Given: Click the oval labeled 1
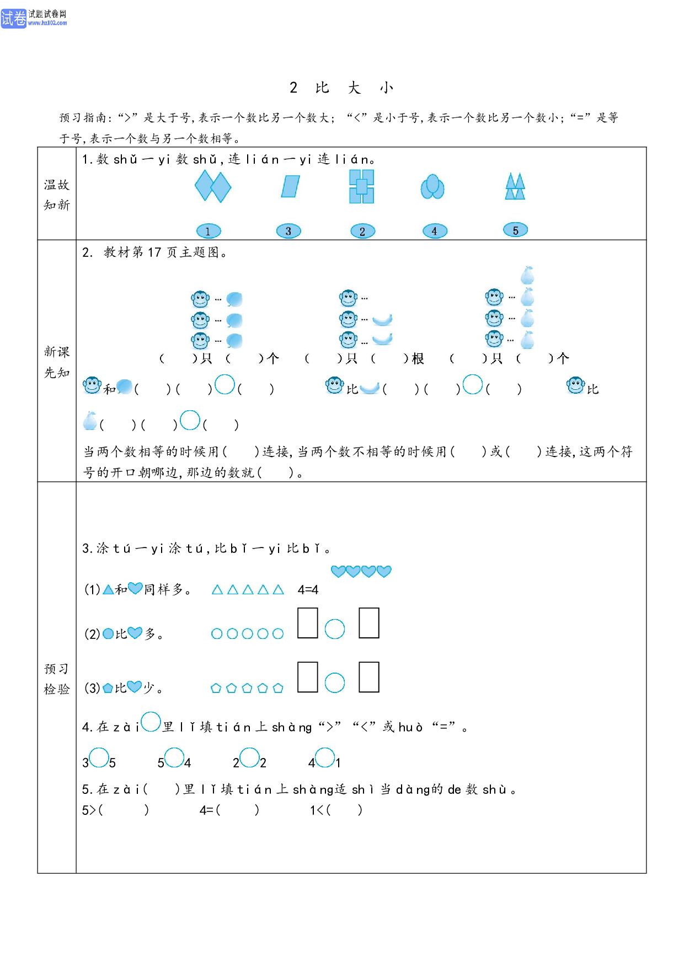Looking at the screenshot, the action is click(x=209, y=231).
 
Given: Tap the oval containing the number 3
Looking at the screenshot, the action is click(x=288, y=231).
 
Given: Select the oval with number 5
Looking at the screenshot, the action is click(x=516, y=230).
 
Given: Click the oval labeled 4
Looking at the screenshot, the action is click(x=435, y=231).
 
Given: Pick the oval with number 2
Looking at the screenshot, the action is click(x=362, y=231).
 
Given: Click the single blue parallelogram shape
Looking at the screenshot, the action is click(x=290, y=186).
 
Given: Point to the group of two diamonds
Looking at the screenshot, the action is click(x=213, y=186).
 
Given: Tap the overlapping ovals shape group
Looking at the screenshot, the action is click(x=432, y=187).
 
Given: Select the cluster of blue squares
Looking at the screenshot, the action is click(x=361, y=186).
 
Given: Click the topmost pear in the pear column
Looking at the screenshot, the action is click(x=527, y=275).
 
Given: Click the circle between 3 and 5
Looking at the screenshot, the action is click(x=99, y=757).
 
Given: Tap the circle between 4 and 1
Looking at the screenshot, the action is click(x=325, y=757).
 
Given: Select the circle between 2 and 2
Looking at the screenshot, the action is click(x=249, y=757).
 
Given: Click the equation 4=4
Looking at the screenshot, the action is click(x=308, y=590).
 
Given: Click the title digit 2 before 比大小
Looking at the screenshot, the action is click(x=293, y=88).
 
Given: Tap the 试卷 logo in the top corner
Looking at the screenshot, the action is click(x=13, y=18).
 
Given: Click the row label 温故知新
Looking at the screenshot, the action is click(x=57, y=195).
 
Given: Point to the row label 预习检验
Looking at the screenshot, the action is click(x=57, y=679).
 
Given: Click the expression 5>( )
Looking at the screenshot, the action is click(x=115, y=810).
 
